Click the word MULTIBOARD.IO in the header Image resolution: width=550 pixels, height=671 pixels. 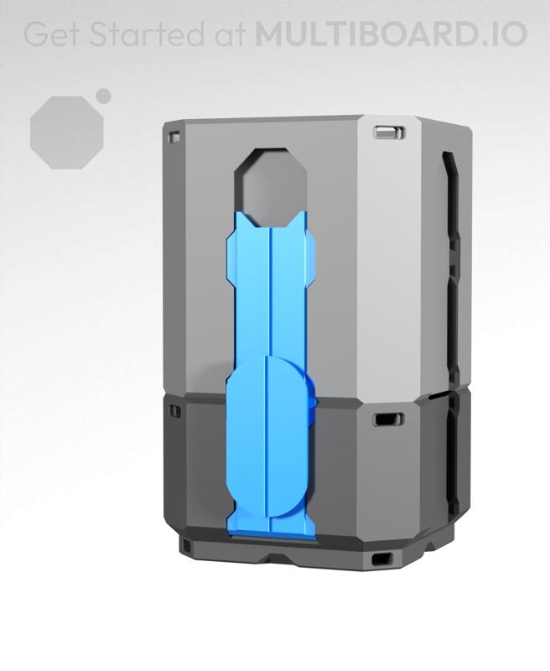pos(391,34)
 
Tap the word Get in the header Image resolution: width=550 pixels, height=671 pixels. pos(50,34)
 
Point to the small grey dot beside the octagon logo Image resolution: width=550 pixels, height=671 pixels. pos(104,96)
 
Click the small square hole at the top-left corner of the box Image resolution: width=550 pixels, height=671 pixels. pos(174,134)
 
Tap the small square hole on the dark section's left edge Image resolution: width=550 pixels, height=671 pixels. pos(175,413)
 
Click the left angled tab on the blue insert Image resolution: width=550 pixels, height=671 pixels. pos(231,260)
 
